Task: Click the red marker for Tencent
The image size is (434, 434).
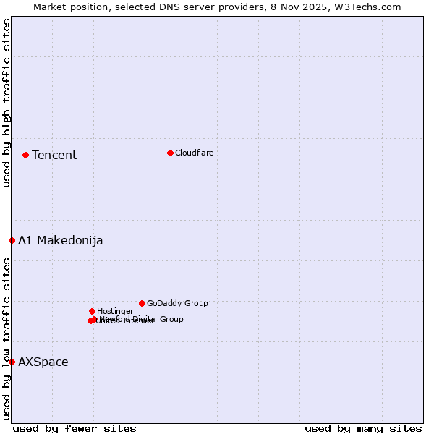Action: point(25,155)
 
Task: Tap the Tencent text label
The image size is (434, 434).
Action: point(54,156)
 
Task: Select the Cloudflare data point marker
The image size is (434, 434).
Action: point(170,153)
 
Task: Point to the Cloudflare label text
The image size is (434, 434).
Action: point(195,153)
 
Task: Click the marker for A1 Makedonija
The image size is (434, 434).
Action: point(12,240)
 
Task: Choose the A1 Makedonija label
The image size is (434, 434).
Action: point(61,241)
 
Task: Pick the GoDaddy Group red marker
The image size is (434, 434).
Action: point(142,303)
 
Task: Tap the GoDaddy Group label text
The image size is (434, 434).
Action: point(177,304)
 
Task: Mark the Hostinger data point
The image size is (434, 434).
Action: point(92,311)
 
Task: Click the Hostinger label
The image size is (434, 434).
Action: point(116,312)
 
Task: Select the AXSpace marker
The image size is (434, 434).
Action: point(12,362)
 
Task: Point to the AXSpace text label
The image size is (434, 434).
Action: point(43,362)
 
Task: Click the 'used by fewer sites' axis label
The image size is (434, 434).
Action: point(75,429)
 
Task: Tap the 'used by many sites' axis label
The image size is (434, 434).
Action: point(363,429)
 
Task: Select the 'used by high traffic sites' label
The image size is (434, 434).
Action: point(7,103)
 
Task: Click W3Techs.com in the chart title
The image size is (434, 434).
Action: point(373,7)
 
